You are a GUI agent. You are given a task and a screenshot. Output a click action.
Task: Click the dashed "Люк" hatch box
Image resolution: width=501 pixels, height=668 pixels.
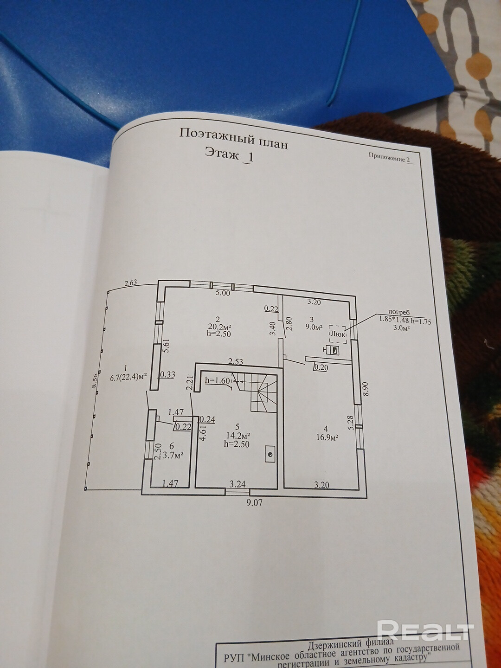click(337, 333)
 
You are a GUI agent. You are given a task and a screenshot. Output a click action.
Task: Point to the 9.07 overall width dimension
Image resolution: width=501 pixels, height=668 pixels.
click(255, 501)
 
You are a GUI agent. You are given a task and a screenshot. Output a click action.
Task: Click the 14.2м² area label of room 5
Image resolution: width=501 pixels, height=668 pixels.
click(238, 436)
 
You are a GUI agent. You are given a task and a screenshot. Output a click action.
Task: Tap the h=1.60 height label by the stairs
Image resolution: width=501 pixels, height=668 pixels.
click(218, 380)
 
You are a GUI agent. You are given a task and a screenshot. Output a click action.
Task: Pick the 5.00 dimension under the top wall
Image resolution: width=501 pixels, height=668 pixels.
click(222, 293)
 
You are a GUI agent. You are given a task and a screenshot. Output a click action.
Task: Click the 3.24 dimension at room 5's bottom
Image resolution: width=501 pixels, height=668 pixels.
click(238, 484)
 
